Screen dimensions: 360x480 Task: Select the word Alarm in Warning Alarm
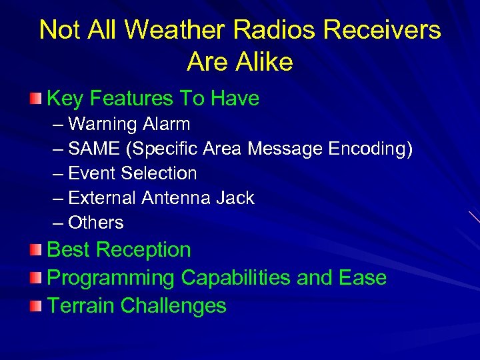168,124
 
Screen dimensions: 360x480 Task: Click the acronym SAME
92,149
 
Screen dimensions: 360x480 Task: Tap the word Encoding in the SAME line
371,149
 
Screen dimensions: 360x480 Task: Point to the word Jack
239,198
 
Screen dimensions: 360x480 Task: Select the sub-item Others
96,223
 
